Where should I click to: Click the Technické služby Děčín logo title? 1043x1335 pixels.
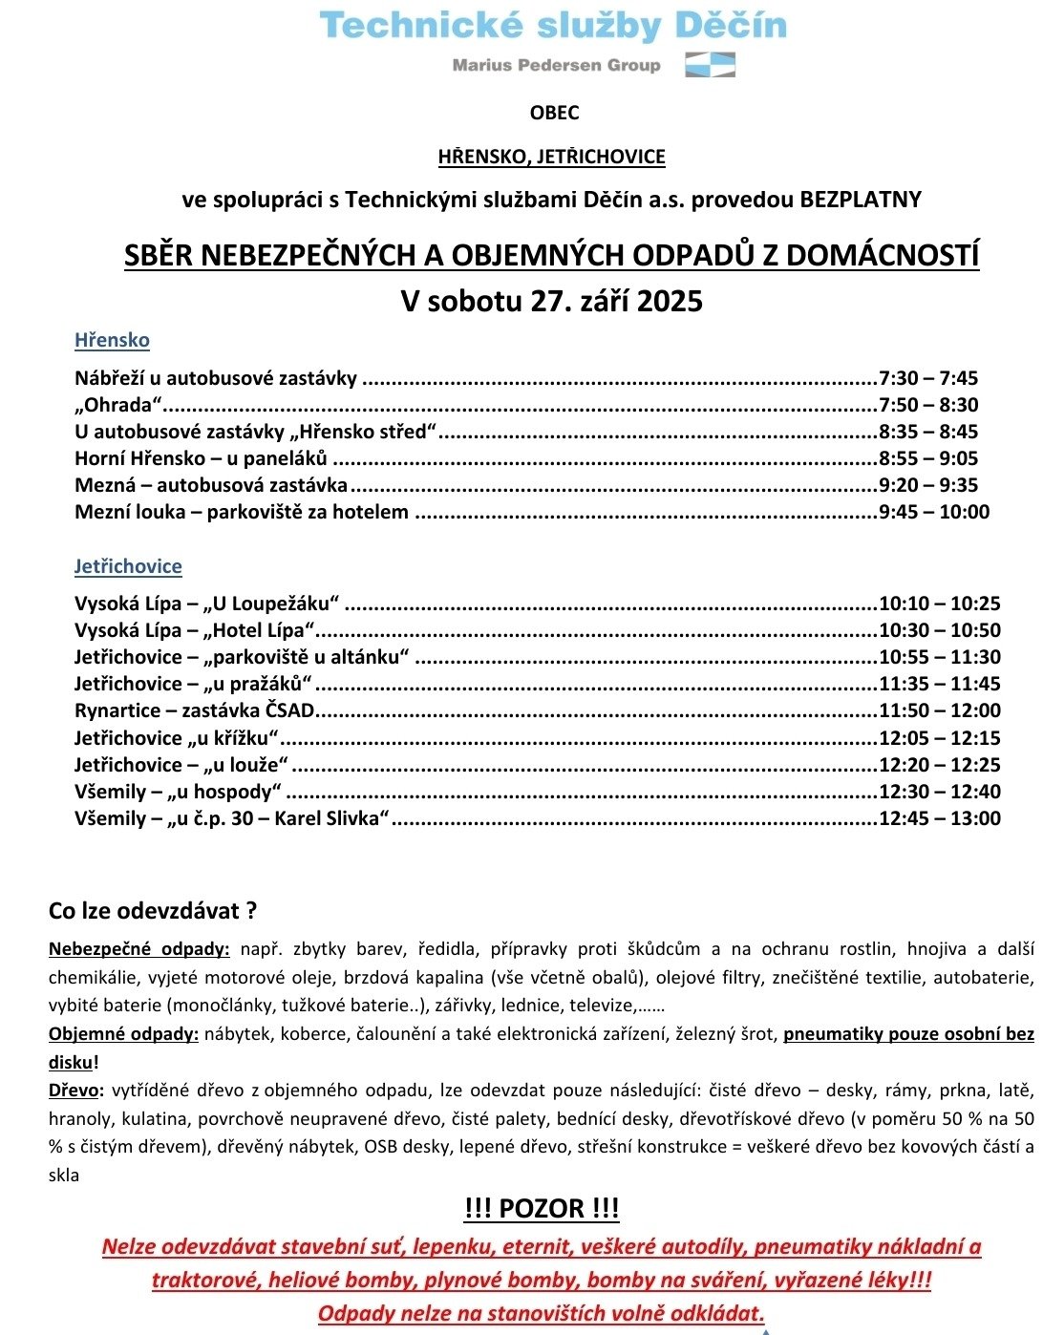coord(553,25)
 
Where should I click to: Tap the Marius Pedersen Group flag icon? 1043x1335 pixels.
coord(711,65)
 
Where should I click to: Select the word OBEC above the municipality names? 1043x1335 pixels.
coord(554,113)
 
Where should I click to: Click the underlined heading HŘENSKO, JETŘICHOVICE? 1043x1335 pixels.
coord(551,157)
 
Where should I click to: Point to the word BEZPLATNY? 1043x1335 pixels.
coord(861,200)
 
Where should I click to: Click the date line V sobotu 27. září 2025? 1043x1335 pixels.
coord(551,301)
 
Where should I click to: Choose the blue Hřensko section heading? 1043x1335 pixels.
coord(112,340)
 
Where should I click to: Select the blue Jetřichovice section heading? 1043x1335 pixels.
coord(128,566)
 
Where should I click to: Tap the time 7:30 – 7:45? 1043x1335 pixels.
coord(928,378)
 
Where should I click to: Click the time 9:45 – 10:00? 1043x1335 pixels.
coord(934,512)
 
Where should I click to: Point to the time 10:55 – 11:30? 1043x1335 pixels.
coord(940,657)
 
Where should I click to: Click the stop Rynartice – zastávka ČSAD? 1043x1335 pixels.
coord(195,710)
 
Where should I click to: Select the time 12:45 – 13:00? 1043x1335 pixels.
coord(940,818)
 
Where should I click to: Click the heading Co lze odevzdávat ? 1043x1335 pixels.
coord(153,911)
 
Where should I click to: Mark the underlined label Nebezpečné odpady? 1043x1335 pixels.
coord(138,949)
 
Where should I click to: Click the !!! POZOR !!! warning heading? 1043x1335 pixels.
coord(542,1209)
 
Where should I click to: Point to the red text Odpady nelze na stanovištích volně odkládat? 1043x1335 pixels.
coord(541,1313)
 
